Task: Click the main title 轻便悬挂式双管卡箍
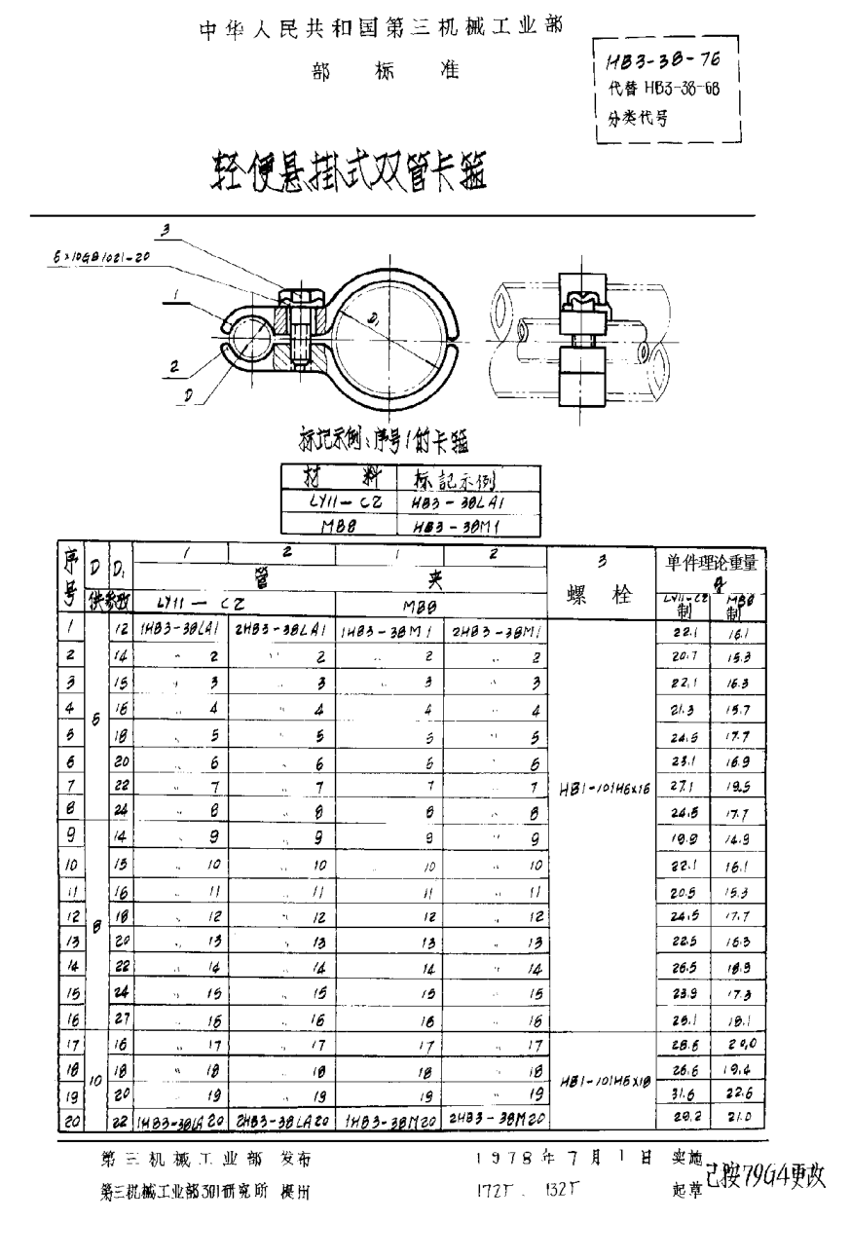click(x=346, y=173)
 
